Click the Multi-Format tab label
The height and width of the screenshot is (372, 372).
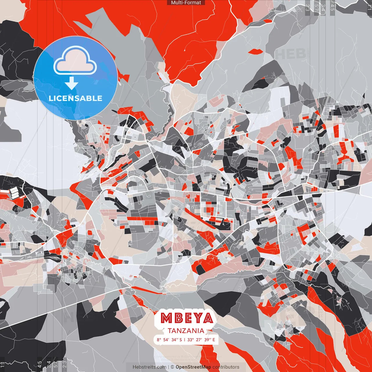click(186, 3)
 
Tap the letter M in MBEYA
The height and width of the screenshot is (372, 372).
click(167, 318)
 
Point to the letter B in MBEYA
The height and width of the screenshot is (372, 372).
click(178, 318)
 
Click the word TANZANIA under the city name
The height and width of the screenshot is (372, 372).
click(186, 331)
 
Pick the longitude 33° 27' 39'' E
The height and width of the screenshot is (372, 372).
click(201, 340)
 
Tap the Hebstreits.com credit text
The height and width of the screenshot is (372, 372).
click(149, 367)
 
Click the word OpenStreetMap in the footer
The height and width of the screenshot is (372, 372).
click(193, 367)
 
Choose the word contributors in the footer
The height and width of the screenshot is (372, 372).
click(226, 367)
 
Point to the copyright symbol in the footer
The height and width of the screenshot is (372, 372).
click(172, 367)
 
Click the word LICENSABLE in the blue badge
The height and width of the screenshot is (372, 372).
click(76, 98)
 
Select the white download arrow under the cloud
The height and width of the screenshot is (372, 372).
click(71, 83)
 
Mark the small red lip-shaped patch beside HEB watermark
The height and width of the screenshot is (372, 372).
click(256, 51)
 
